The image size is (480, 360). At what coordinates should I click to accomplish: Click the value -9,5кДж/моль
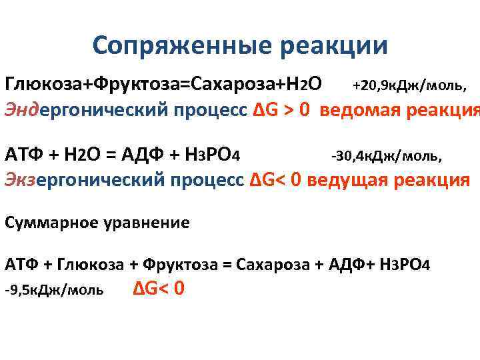point(54,290)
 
